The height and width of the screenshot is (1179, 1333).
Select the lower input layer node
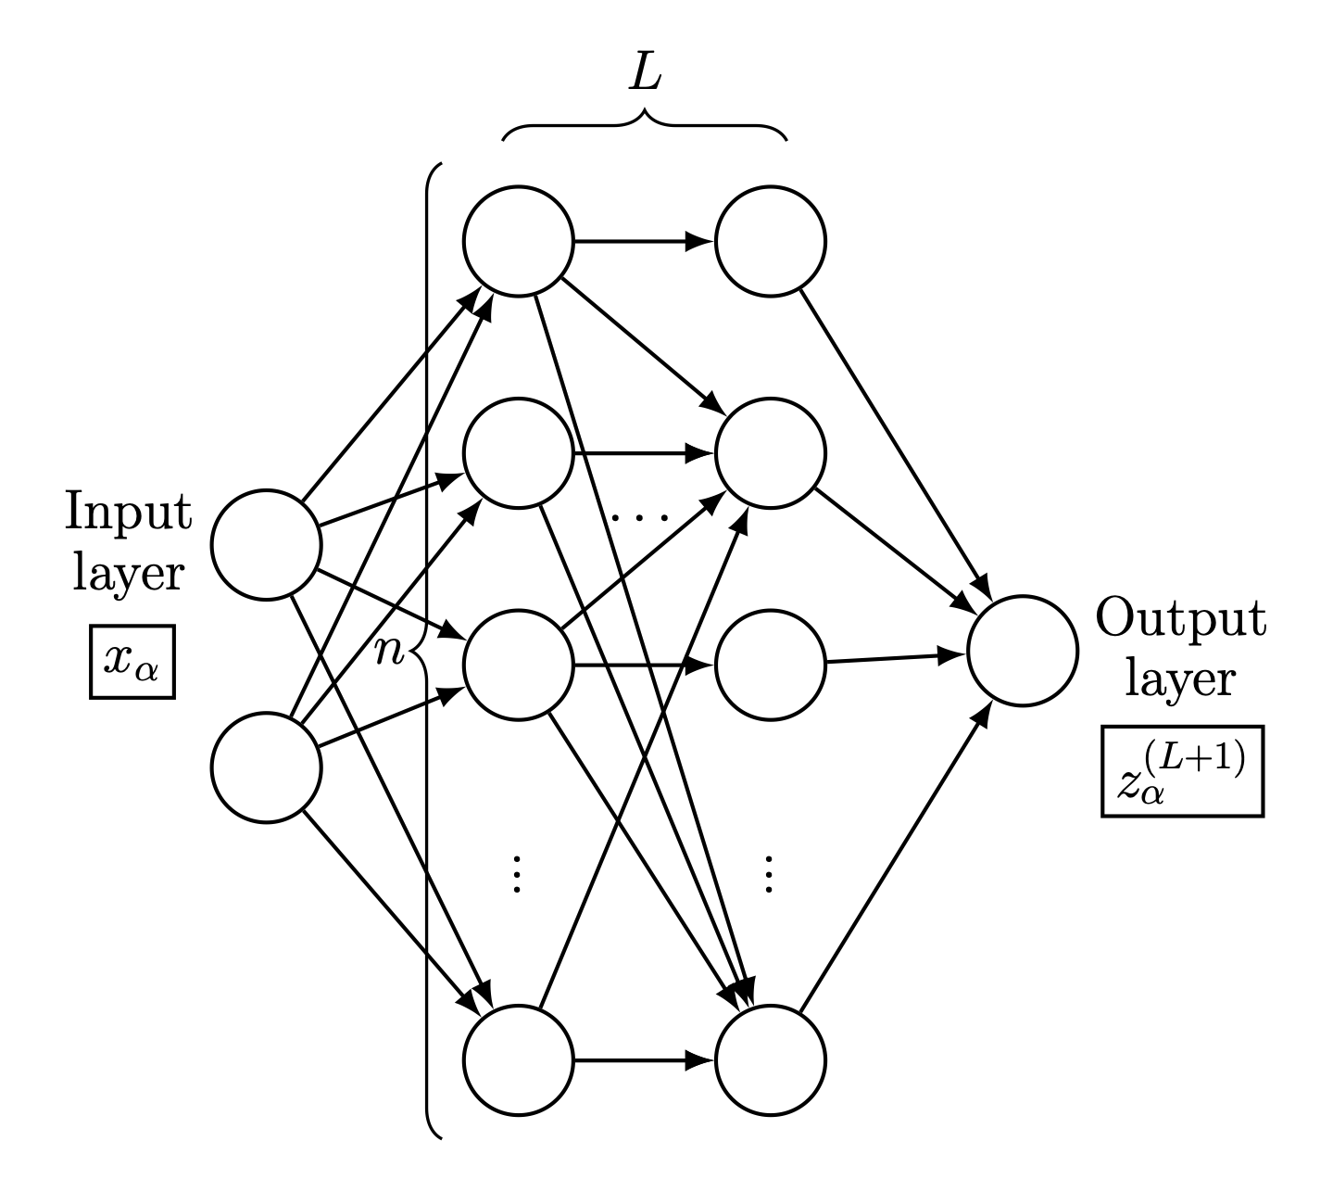tap(266, 767)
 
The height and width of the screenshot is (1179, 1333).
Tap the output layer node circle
tap(1022, 651)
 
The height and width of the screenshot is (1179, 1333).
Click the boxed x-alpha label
tap(132, 663)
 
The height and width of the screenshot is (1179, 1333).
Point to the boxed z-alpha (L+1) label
tap(1182, 771)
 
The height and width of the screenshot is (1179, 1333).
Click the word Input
tap(129, 512)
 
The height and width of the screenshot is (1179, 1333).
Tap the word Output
tap(1180, 618)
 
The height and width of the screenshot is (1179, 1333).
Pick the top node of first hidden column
tap(518, 243)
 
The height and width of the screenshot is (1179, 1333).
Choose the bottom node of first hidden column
tap(518, 1060)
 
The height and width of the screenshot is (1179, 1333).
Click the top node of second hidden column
tap(771, 243)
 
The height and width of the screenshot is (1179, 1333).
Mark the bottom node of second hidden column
tap(771, 1060)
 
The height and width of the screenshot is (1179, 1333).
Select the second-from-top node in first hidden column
tap(518, 454)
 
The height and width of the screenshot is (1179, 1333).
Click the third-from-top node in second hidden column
tap(771, 664)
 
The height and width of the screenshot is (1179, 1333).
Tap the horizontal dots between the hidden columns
tap(640, 515)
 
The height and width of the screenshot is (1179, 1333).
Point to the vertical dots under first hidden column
tap(518, 873)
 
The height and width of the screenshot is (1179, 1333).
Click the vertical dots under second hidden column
tap(769, 873)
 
